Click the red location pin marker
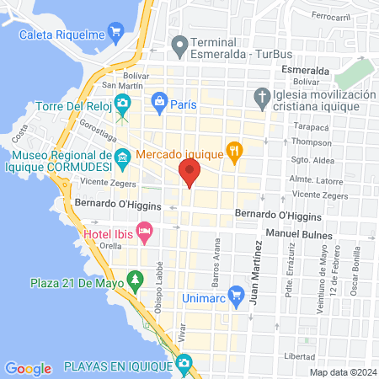click(x=189, y=175)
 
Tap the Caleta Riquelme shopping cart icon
click(x=116, y=35)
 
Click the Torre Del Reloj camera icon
click(x=122, y=104)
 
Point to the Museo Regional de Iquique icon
click(x=122, y=157)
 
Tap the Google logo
click(x=28, y=368)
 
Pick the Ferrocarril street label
click(x=329, y=17)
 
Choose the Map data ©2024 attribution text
click(x=341, y=371)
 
